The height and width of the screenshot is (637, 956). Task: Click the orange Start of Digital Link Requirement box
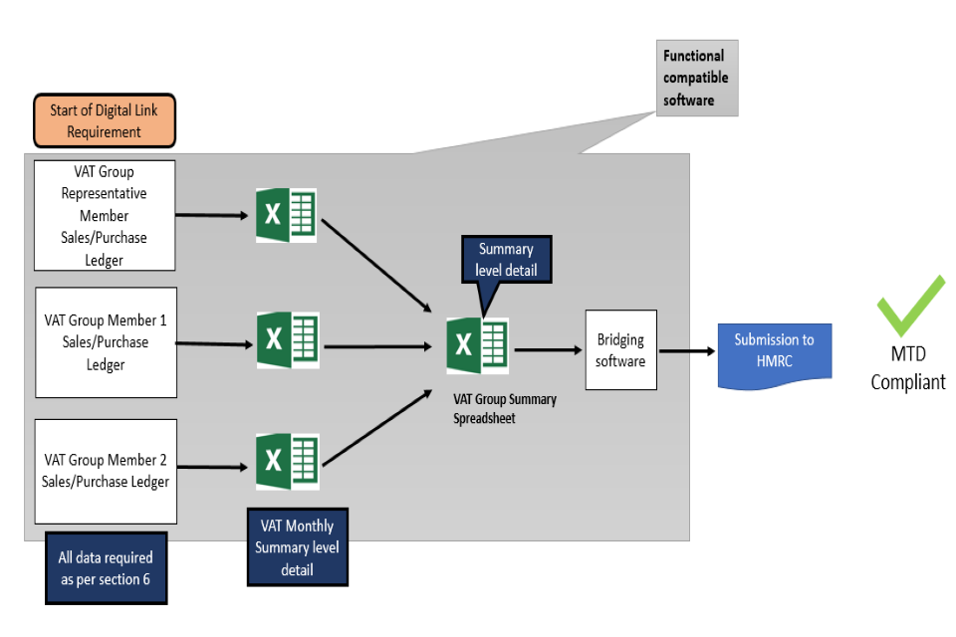point(105,120)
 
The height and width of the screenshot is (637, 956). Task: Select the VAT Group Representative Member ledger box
point(105,216)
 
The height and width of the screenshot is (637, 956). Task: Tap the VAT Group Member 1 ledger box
point(106,342)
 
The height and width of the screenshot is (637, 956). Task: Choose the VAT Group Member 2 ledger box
point(106,471)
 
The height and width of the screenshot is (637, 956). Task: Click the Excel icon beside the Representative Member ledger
point(287,214)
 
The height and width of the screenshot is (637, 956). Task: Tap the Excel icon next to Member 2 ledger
point(287,461)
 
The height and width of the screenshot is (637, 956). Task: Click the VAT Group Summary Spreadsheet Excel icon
point(477,346)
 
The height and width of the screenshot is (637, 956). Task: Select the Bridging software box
point(620,349)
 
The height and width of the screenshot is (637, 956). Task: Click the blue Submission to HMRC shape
point(774,352)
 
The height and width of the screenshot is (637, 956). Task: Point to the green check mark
point(909,305)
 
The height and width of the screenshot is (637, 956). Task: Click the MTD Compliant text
point(908,368)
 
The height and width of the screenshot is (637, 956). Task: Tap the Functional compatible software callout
point(696,78)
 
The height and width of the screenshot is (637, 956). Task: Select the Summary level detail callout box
point(506,259)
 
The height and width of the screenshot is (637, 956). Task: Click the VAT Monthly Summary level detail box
point(297,546)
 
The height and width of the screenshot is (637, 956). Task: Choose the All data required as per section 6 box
point(106,568)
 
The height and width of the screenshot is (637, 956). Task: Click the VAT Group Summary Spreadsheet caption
point(504,408)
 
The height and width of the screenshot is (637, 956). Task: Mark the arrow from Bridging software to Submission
point(687,350)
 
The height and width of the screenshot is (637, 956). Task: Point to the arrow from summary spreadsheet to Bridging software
point(547,349)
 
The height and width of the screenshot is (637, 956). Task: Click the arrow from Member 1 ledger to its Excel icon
point(215,344)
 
